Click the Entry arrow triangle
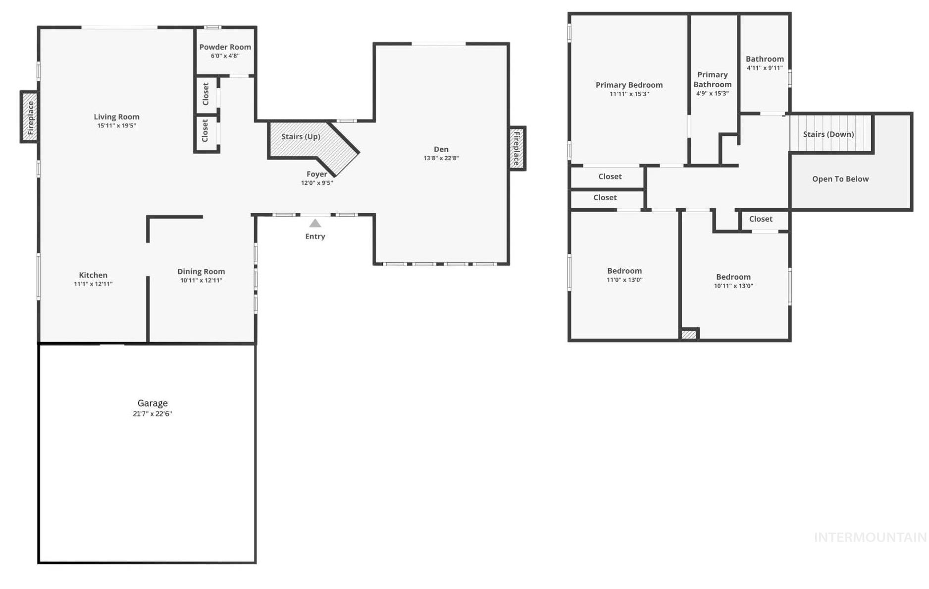[x=315, y=224]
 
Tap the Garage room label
[x=153, y=403]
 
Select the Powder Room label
[x=225, y=47]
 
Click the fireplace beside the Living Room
[x=30, y=117]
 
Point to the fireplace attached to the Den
[x=516, y=148]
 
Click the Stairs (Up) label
[x=301, y=136]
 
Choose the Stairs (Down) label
[x=828, y=134]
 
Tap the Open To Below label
[x=840, y=179]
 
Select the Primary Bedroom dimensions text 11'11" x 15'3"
[x=629, y=94]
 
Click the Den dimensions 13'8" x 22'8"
[x=441, y=158]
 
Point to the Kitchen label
[x=93, y=275]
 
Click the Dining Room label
[x=201, y=271]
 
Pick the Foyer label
[x=317, y=174]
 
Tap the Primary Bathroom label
[x=712, y=79]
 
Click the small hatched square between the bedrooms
[x=689, y=335]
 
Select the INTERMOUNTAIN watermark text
[x=870, y=537]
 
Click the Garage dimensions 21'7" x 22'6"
[x=153, y=413]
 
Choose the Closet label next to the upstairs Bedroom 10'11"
[x=761, y=219]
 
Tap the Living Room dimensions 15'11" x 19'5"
[x=116, y=126]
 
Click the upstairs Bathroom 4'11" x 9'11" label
[x=765, y=59]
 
